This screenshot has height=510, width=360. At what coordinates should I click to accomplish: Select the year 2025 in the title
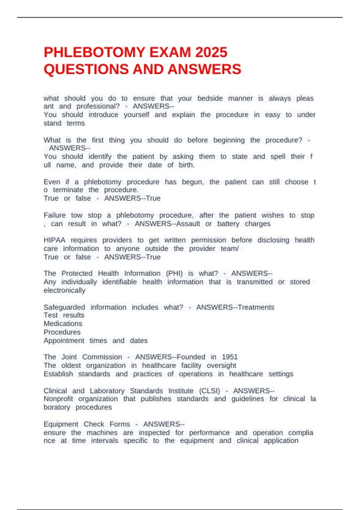tap(211, 52)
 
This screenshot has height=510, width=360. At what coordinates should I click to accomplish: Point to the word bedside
tap(210, 98)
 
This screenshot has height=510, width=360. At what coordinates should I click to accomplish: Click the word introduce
tap(103, 115)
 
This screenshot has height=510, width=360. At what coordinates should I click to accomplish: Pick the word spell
tap(278, 156)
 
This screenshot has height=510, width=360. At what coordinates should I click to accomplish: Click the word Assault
tap(188, 223)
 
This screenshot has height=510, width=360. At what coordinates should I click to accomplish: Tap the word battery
tap(228, 223)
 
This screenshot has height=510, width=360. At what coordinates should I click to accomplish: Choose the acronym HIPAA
tap(54, 240)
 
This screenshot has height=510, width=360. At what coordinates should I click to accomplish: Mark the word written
tap(175, 240)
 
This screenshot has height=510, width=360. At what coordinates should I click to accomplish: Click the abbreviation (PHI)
tap(174, 273)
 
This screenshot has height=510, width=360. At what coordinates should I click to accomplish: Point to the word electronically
tap(64, 290)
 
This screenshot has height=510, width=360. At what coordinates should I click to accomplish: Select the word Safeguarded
tap(64, 307)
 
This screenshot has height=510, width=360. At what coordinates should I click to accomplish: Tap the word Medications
tap(63, 324)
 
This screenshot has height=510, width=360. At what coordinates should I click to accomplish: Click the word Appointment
tap(64, 340)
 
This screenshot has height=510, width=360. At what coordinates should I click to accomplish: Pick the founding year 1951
tap(230, 357)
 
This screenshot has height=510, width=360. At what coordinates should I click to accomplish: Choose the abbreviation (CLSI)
tap(209, 391)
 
